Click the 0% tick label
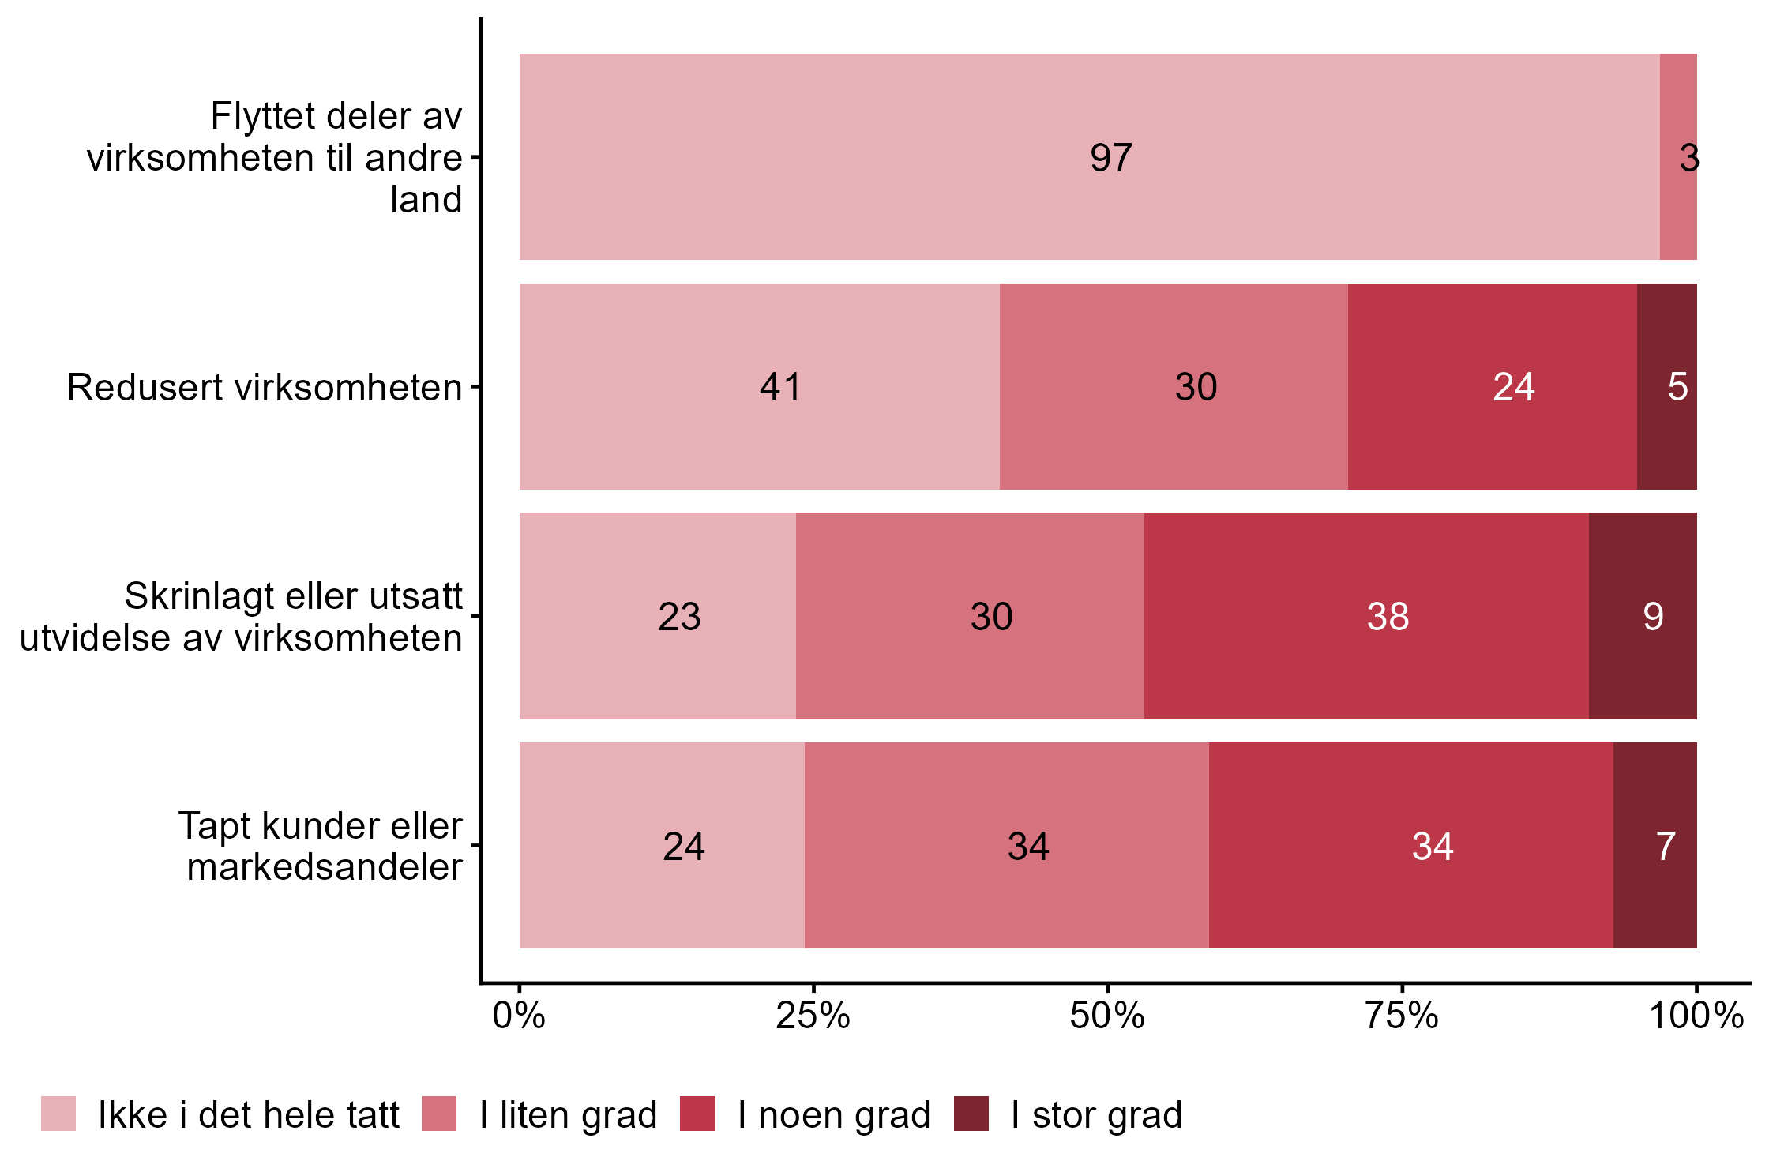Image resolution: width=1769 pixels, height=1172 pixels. (x=519, y=1016)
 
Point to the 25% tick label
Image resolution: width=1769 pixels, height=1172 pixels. (x=813, y=1016)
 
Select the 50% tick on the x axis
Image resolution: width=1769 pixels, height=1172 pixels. (x=1107, y=1016)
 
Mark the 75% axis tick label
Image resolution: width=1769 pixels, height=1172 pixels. (x=1402, y=1016)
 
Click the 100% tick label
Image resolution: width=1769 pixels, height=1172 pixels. (x=1696, y=1016)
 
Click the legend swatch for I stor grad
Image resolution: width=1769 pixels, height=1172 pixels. (x=971, y=1114)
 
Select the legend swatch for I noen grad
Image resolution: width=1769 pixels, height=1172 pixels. (x=697, y=1114)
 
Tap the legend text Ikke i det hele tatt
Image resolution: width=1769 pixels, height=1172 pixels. (x=249, y=1115)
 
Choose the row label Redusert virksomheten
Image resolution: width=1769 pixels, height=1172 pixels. (x=265, y=387)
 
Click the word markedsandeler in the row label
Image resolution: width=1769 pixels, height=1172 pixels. (x=325, y=867)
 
